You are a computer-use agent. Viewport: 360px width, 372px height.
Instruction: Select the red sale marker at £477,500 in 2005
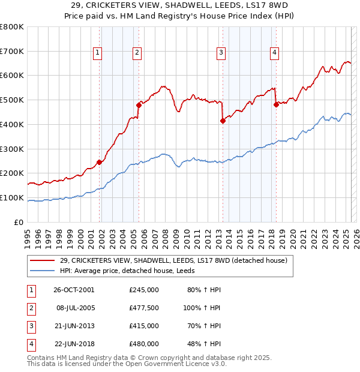[139, 105]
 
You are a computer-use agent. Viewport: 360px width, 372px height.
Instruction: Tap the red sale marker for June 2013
[223, 121]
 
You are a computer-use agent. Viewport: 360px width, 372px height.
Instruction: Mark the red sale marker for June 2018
[276, 104]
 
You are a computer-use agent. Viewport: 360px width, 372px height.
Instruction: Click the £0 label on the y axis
[19, 222]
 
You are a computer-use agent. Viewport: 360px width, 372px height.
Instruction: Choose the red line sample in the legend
[43, 260]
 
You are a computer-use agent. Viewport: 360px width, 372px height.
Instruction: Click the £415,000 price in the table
[143, 326]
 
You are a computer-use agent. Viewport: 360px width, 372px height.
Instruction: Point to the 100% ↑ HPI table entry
[202, 308]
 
